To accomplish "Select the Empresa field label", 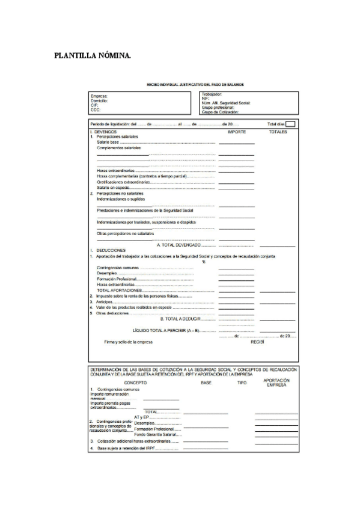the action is point(99,96).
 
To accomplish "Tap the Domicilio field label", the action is point(100,101).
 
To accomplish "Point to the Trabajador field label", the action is point(212,94).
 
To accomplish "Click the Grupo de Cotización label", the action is point(221,112).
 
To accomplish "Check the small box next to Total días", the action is point(291,124).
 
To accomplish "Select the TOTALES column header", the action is point(278,132).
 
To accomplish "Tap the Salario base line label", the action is point(108,143).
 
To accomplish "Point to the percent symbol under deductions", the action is point(204,262).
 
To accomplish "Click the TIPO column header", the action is point(242,382).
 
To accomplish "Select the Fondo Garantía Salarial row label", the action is point(155,434).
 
